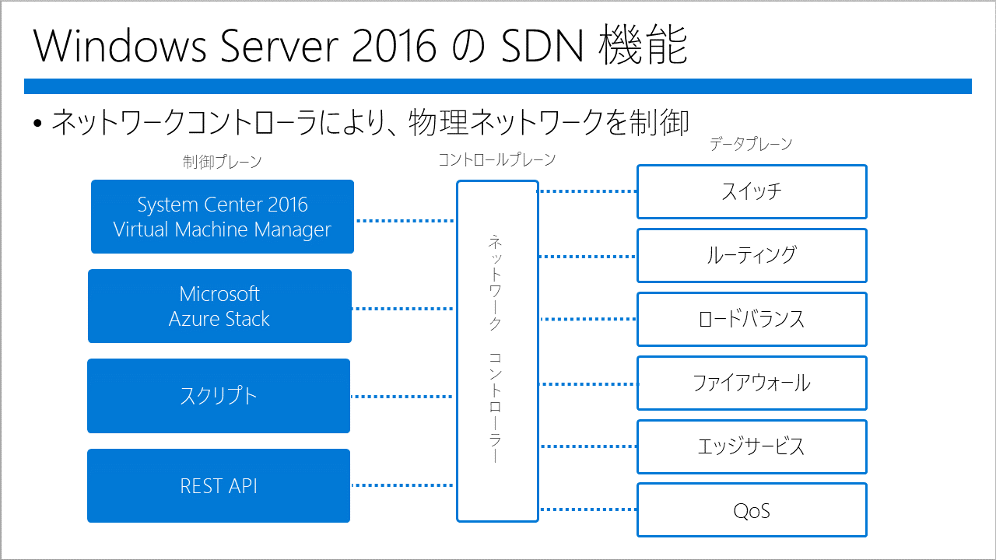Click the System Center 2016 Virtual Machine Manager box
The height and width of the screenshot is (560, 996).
pyautogui.click(x=223, y=216)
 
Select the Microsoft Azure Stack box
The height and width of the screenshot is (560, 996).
pyautogui.click(x=219, y=306)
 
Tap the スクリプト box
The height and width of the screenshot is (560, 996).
pyautogui.click(x=219, y=396)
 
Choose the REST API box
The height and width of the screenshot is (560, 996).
pyautogui.click(x=219, y=485)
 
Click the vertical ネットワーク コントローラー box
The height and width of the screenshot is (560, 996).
pyautogui.click(x=497, y=351)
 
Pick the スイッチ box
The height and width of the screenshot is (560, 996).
pyautogui.click(x=752, y=191)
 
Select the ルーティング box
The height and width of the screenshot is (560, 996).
pyautogui.click(x=752, y=256)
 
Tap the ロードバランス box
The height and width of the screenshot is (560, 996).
pyautogui.click(x=752, y=319)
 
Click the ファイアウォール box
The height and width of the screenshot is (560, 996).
pyautogui.click(x=752, y=383)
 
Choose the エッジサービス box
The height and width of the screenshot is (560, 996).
pyautogui.click(x=752, y=446)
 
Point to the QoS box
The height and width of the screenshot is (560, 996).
pyautogui.click(x=752, y=510)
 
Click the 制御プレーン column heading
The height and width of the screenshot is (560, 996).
pyautogui.click(x=222, y=162)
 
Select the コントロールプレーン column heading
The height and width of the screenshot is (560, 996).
pyautogui.click(x=497, y=159)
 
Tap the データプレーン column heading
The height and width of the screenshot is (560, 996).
pyautogui.click(x=751, y=144)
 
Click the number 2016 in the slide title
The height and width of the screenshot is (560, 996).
pyautogui.click(x=394, y=46)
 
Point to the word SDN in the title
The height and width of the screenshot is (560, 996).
pyautogui.click(x=542, y=46)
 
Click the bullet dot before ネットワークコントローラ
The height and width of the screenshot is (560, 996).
pyautogui.click(x=37, y=123)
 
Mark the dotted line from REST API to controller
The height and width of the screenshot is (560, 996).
pyautogui.click(x=403, y=485)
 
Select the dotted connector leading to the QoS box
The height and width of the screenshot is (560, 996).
pyautogui.click(x=587, y=509)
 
